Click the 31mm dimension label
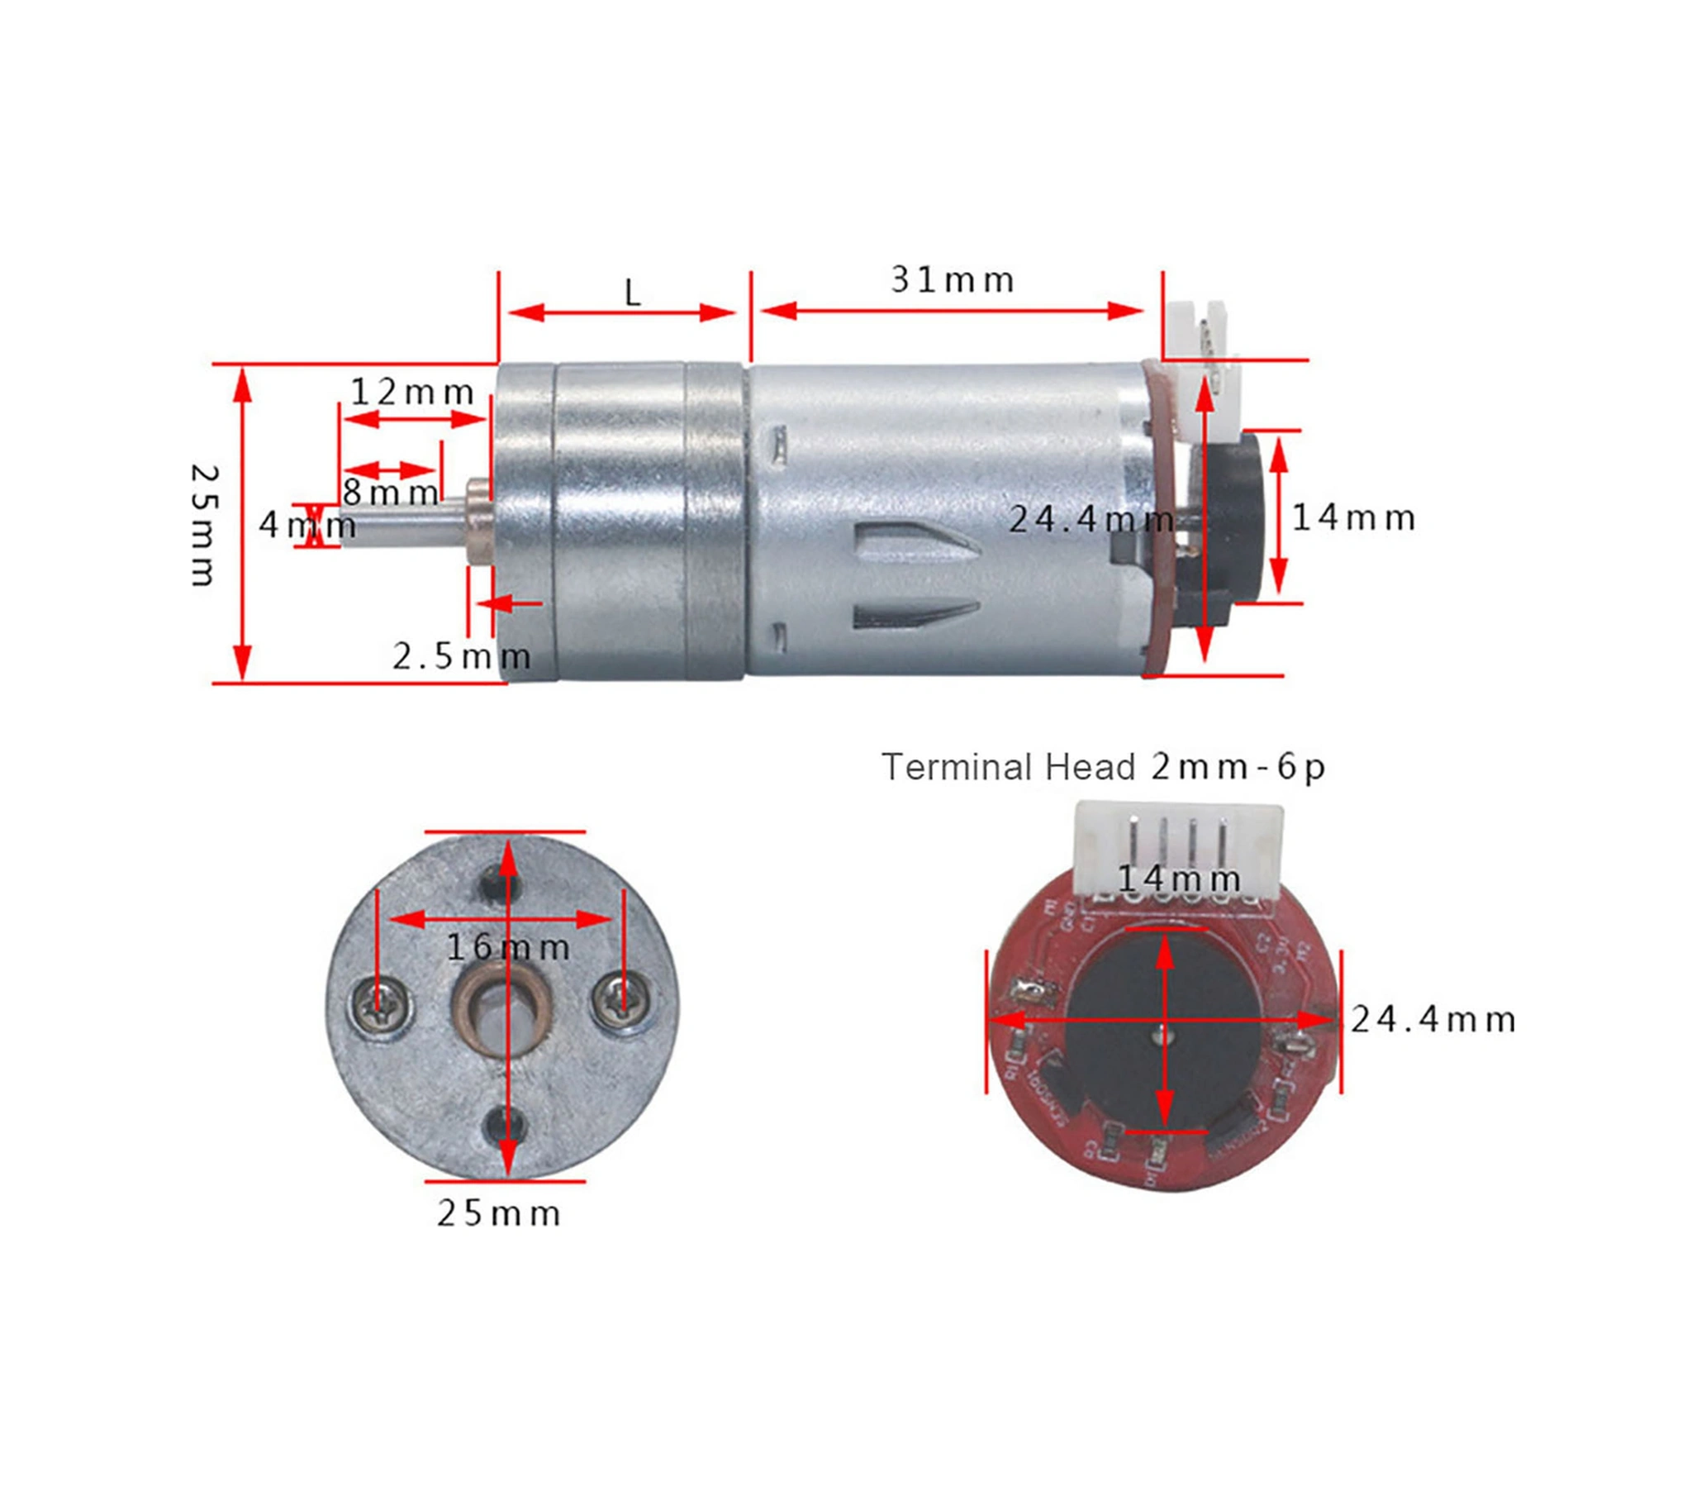tap(952, 280)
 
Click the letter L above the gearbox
tap(632, 293)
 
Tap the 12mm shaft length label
tap(411, 392)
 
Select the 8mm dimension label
tap(390, 493)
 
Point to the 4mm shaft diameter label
tap(307, 525)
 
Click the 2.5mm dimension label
tap(462, 657)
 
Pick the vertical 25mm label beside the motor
tap(204, 525)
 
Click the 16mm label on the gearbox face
tap(508, 948)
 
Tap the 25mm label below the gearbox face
tap(498, 1214)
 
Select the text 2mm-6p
tap(1238, 767)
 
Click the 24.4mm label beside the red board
tap(1433, 1019)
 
